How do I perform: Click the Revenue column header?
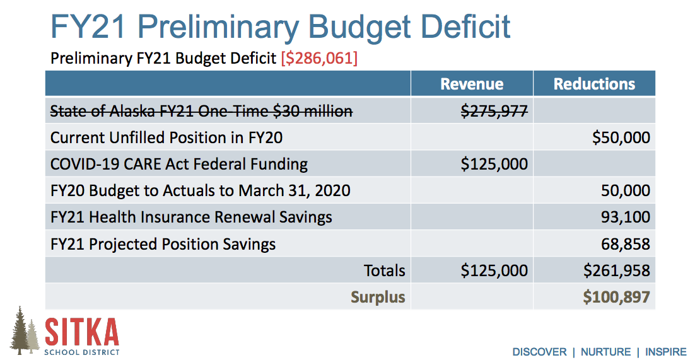coord(472,84)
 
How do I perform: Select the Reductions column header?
coord(594,84)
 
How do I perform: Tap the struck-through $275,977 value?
coord(494,111)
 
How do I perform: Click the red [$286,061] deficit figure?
coord(319,59)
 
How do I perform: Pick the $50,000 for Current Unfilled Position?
coord(621,137)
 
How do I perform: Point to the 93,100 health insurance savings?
coord(626,218)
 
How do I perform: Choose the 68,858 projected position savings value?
coord(626,244)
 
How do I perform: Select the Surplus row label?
coord(378,297)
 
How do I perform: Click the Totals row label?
coord(384,270)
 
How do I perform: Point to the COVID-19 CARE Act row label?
coord(179,165)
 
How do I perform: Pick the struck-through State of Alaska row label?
coord(201,112)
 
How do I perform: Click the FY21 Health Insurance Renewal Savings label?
coord(191,218)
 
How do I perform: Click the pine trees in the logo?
coord(25,331)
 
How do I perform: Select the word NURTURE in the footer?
coord(605,352)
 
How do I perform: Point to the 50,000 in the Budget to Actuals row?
coord(626,191)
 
